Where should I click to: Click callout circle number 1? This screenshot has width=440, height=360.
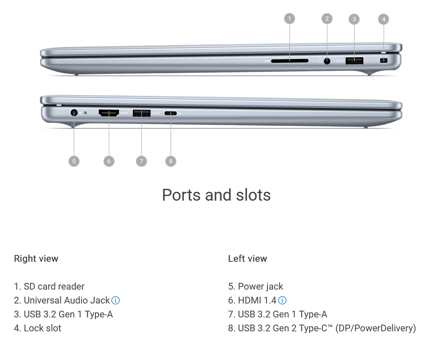click(289, 19)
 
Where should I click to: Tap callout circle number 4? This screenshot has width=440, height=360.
click(383, 19)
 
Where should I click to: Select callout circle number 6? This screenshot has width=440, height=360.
click(109, 161)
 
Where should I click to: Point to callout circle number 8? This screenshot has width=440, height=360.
click(170, 161)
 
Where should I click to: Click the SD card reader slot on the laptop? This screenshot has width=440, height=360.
click(289, 61)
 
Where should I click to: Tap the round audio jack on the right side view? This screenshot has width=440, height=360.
click(327, 61)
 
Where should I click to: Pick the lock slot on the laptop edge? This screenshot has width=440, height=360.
click(383, 60)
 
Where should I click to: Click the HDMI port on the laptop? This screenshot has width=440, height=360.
click(108, 113)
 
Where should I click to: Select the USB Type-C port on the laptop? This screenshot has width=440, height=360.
click(170, 113)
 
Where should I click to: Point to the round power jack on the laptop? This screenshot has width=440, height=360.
click(74, 113)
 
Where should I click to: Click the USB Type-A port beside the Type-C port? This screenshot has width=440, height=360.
click(141, 113)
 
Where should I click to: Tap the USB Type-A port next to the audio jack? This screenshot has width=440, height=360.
click(354, 61)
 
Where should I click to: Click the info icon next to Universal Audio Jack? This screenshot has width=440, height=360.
click(116, 300)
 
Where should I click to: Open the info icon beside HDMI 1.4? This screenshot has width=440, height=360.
click(282, 300)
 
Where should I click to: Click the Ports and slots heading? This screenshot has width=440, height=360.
click(216, 195)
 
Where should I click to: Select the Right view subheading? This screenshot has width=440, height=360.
click(36, 258)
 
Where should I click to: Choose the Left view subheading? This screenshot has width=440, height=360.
click(248, 258)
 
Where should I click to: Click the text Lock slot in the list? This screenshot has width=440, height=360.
click(42, 328)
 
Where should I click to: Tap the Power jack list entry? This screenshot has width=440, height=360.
click(260, 286)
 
